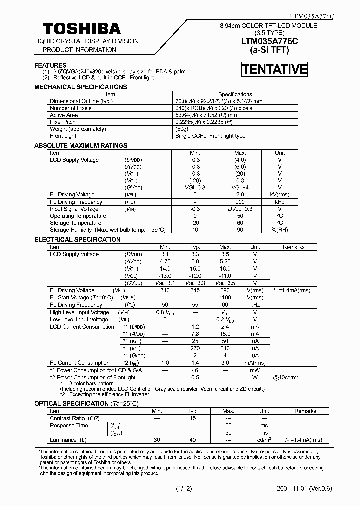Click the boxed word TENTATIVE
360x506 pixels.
274,69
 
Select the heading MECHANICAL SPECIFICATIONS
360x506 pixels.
80,87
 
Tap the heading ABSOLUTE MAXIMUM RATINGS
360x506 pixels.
80,145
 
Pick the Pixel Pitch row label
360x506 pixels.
63,122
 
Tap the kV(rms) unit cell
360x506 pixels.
280,195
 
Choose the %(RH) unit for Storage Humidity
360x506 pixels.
280,230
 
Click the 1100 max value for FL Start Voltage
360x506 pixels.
225,297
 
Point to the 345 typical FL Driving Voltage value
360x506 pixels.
195,290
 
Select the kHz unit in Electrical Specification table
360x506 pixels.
255,305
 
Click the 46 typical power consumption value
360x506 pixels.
195,370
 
